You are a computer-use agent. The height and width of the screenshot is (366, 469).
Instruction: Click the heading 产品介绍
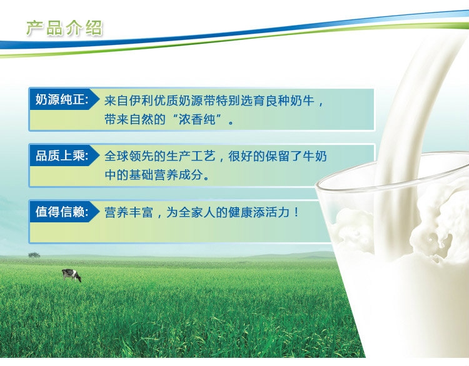pos(64,28)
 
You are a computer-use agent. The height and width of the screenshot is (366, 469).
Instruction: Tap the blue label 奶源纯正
pos(62,99)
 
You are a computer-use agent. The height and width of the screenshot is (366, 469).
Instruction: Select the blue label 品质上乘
pos(62,156)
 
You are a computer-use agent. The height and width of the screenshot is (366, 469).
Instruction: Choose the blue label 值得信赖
pos(62,212)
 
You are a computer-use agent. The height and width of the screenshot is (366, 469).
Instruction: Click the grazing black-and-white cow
pos(71,275)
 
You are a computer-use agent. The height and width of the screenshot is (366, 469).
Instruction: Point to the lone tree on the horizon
pos(34,255)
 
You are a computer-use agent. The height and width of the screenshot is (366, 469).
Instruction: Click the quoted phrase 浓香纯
pos(197,119)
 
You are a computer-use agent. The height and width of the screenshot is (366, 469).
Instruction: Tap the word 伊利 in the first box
pos(141,101)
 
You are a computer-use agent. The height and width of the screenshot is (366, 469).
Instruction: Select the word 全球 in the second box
pos(116,156)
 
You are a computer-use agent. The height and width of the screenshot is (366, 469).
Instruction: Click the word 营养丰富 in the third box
pos(129,212)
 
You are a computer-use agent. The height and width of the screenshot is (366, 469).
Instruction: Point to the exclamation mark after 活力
pos(296,212)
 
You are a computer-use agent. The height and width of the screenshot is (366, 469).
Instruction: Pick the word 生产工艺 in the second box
pos(191,156)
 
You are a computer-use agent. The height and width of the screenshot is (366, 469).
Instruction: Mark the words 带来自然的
pos(135,119)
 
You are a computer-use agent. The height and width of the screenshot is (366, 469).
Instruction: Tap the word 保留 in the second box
pos(278,156)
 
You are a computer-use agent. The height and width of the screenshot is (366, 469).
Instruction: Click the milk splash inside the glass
pos(431,227)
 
